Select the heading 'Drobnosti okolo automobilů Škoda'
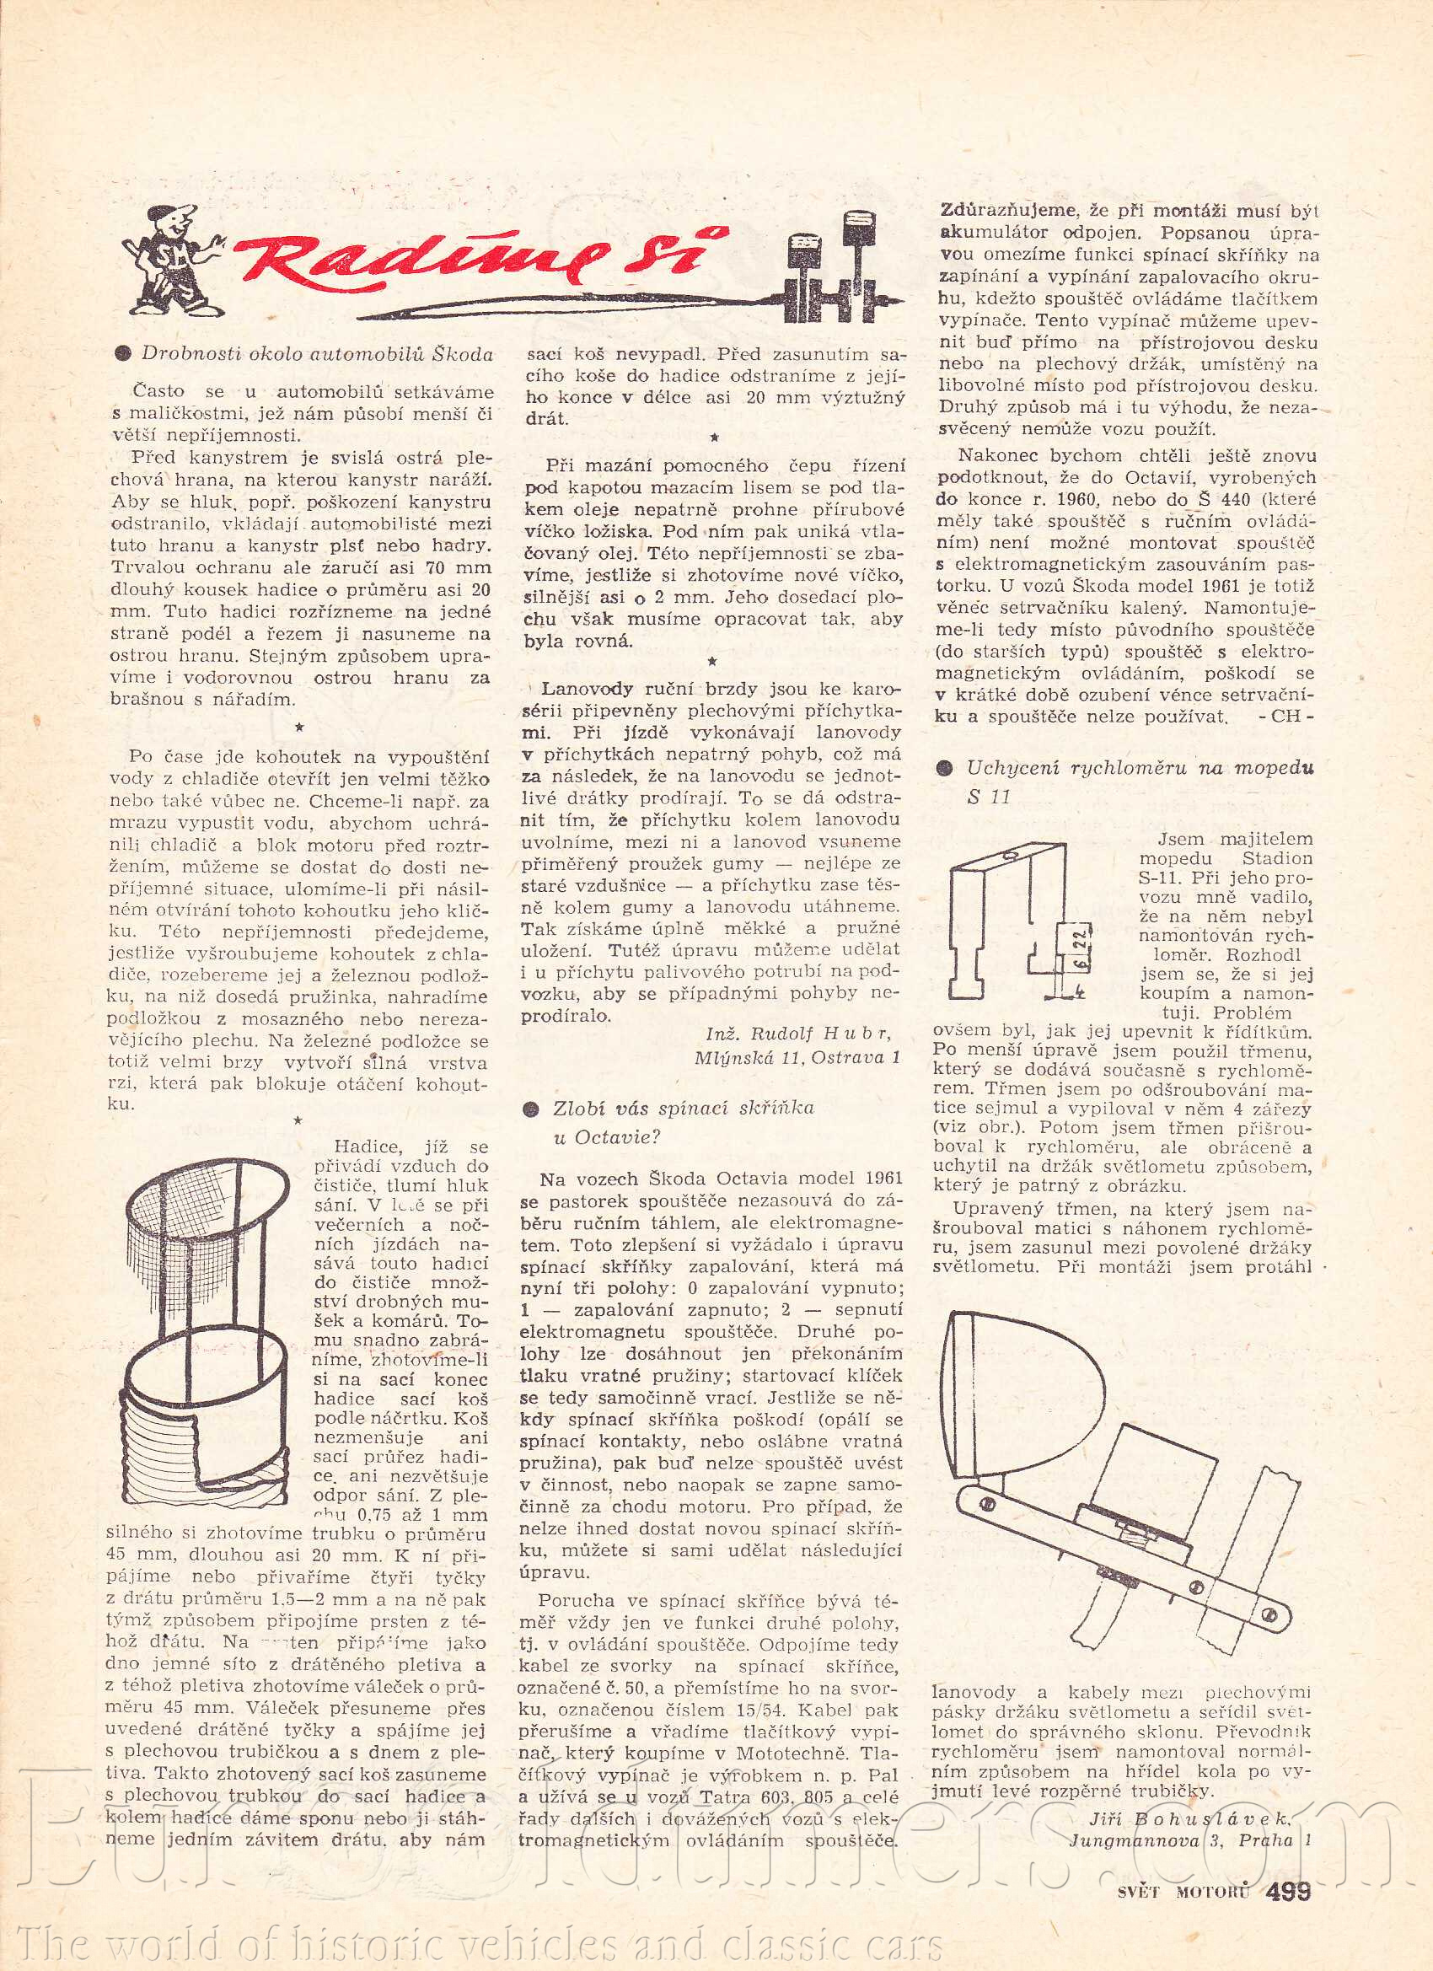pyautogui.click(x=317, y=354)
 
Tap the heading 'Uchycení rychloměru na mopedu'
pyautogui.click(x=1140, y=768)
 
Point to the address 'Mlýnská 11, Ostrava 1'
pyautogui.click(x=796, y=1057)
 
